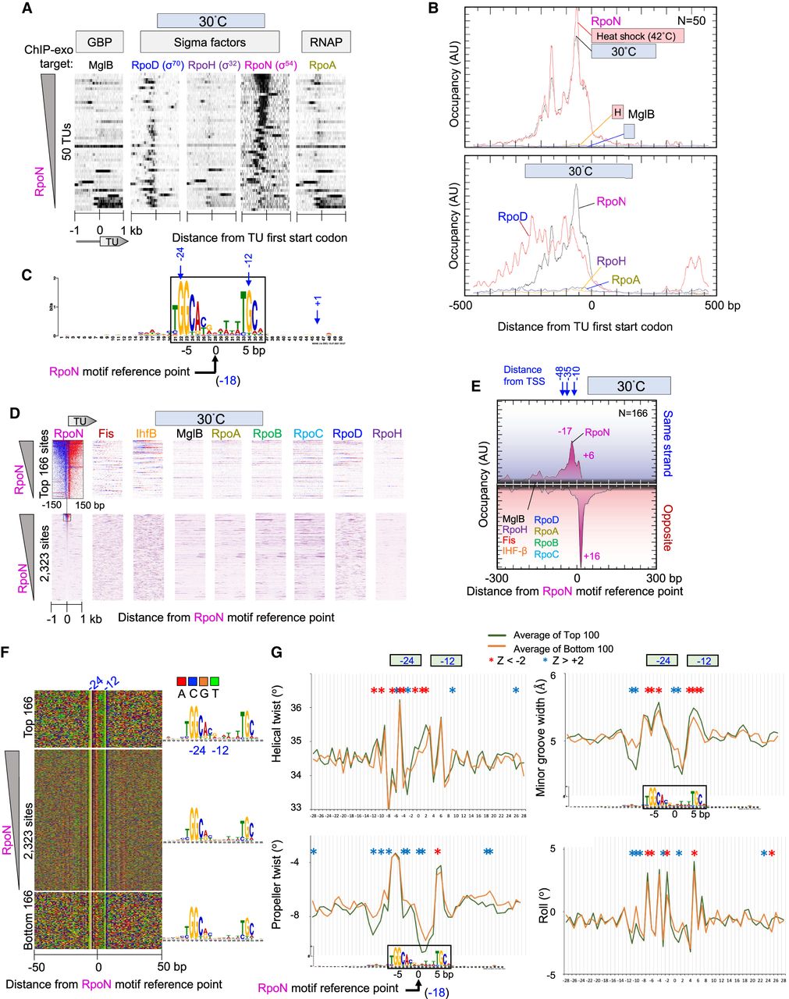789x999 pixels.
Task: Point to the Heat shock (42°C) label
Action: pos(637,36)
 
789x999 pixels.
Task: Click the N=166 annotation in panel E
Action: pos(645,412)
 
